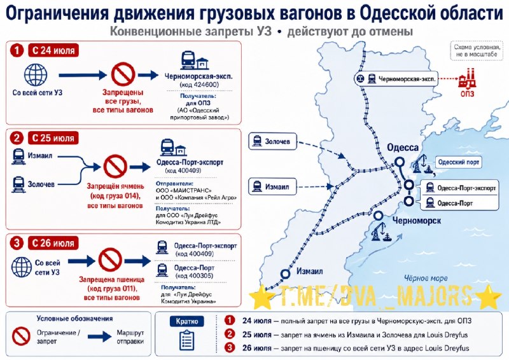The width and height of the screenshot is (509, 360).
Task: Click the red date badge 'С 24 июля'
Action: tap(53, 50)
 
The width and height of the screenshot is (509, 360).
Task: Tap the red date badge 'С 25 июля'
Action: tap(53, 138)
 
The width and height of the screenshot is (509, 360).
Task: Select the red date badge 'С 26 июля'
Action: tap(53, 243)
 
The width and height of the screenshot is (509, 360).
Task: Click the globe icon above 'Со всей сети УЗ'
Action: tap(36, 75)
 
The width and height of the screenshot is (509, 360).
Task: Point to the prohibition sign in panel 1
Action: tap(123, 74)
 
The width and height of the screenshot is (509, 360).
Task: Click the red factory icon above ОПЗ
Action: tap(467, 79)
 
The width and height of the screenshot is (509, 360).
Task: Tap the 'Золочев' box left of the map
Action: tap(272, 141)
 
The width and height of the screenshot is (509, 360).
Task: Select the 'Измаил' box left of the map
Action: tap(272, 186)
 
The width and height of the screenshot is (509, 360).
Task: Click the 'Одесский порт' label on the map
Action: tap(458, 162)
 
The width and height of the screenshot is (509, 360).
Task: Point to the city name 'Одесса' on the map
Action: tap(403, 148)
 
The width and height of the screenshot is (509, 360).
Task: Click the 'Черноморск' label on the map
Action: tap(417, 221)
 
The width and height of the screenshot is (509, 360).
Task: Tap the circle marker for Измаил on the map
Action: tap(285, 274)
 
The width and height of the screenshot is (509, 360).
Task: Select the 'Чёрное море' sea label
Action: tap(426, 278)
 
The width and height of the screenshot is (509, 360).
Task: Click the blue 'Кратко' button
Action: tap(187, 321)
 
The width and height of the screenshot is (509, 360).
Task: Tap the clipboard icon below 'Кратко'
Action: tap(186, 340)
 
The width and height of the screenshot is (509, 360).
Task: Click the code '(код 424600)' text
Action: tap(199, 85)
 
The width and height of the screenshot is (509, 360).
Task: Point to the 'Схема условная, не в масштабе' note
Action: tap(476, 51)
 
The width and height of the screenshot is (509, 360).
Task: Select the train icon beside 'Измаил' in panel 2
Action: tap(18, 156)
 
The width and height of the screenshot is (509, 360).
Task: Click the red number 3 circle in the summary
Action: tap(230, 348)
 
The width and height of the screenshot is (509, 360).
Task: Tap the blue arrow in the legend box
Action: tap(100, 336)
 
